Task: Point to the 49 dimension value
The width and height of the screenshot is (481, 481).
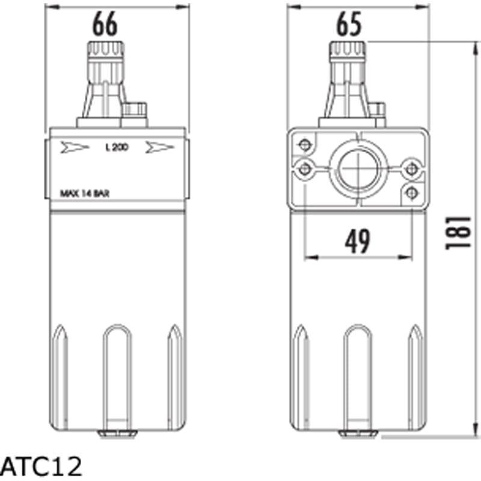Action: click(358, 241)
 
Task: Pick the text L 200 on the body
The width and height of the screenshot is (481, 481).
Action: click(116, 147)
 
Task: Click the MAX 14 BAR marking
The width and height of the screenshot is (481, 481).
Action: click(85, 194)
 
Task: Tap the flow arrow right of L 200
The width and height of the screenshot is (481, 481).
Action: click(160, 148)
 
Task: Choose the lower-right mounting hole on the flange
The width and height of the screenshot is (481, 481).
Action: click(411, 192)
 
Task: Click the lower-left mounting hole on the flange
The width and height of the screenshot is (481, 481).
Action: click(305, 168)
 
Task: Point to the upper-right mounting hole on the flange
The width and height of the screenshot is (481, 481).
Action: click(411, 168)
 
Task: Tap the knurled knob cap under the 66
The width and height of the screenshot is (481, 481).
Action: click(106, 51)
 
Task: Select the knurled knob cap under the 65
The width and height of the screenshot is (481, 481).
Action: click(348, 51)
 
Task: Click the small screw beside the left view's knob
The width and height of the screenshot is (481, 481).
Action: click(135, 110)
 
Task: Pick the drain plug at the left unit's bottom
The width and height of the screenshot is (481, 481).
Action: click(117, 432)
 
